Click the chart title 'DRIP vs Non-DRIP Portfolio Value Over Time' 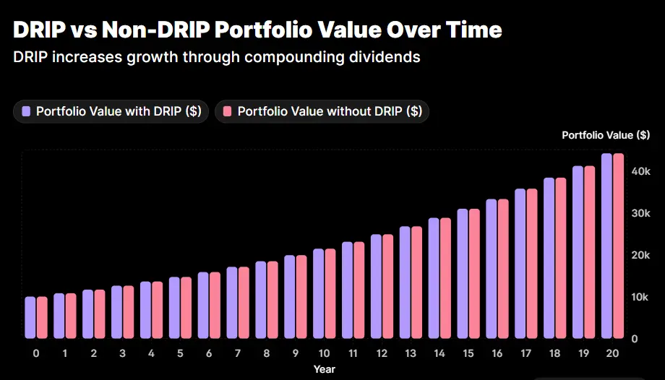(257, 30)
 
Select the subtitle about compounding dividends (216, 56)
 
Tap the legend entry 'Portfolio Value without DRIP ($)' (322, 111)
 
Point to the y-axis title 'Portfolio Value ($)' (605, 135)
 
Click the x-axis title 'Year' (324, 368)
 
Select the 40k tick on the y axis (640, 171)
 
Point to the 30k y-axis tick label (640, 213)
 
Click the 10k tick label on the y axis (640, 297)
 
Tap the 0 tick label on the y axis (634, 339)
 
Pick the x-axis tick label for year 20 (612, 353)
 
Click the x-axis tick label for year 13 (411, 353)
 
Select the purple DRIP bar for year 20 (606, 246)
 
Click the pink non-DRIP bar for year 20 (618, 246)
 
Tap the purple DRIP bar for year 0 (30, 317)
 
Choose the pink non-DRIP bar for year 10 (330, 293)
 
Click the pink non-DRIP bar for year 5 (186, 307)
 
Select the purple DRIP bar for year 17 (520, 263)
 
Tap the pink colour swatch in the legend (227, 111)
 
